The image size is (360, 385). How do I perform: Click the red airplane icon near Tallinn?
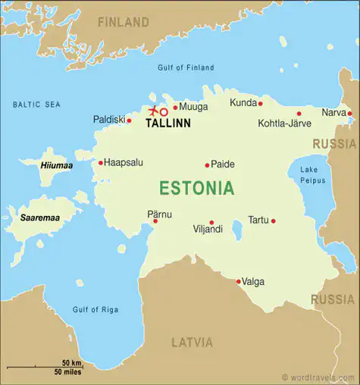pos(154,111)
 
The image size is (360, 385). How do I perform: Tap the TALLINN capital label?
pos(167,123)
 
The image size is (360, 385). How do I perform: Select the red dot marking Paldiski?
pos(129,120)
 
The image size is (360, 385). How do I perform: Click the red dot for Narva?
pos(349,114)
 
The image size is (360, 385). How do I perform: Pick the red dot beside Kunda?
pos(260,103)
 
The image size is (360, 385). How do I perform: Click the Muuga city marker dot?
pos(175,108)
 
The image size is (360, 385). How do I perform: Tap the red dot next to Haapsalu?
pos(100,162)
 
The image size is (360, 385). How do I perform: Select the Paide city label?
pos(223,164)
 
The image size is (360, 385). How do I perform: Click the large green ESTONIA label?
pos(196,188)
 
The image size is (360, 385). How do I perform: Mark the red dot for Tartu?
pos(273,221)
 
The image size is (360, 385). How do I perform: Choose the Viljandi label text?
pos(208,228)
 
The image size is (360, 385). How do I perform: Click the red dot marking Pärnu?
pos(155,221)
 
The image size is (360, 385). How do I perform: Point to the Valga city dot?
pos(239,281)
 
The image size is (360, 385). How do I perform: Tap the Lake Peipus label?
pos(312,174)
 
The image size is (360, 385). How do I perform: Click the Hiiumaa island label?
pos(35,164)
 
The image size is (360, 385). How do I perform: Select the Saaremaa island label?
pos(40,218)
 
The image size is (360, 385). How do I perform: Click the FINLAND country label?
pos(124,21)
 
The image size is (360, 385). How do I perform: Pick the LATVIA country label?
pos(192,342)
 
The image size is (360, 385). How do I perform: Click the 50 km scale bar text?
pos(71,363)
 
